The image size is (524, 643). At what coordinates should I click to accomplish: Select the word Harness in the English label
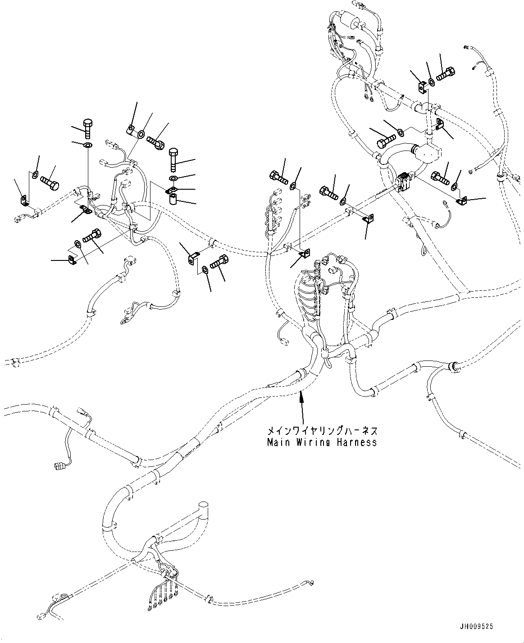pos(359,442)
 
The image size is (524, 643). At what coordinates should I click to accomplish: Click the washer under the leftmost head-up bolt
pos(87,145)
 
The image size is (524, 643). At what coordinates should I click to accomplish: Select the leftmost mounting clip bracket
pos(23,200)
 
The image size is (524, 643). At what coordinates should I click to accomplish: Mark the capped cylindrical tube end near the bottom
pos(203,506)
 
